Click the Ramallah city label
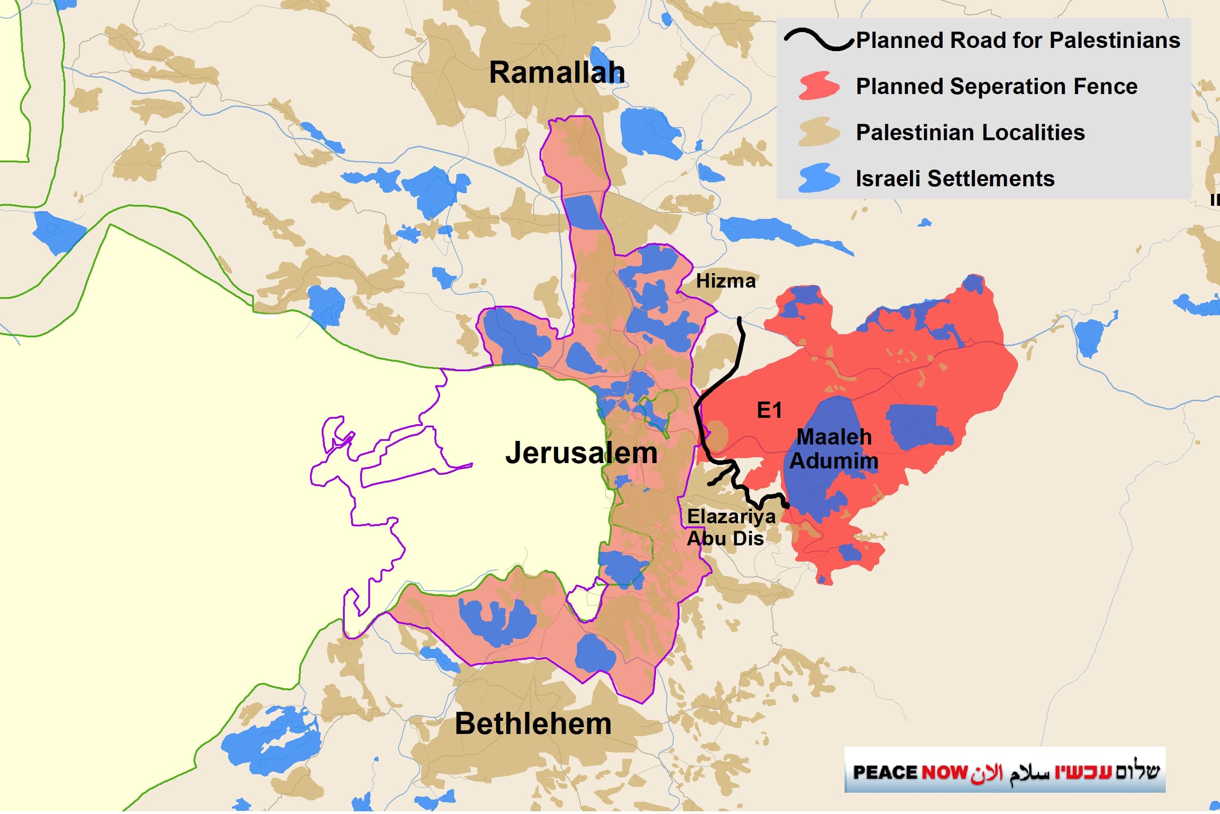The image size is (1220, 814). pyautogui.click(x=557, y=72)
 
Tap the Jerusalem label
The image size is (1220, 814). pyautogui.click(x=581, y=453)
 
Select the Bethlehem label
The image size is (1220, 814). pyautogui.click(x=533, y=724)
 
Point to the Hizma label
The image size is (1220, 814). pyautogui.click(x=725, y=281)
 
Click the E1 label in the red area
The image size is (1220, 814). pyautogui.click(x=769, y=410)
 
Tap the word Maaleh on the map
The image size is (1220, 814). pyautogui.click(x=834, y=436)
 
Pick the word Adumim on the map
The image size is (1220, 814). pyautogui.click(x=834, y=461)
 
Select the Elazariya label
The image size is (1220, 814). pyautogui.click(x=731, y=516)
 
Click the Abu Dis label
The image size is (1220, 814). pyautogui.click(x=725, y=538)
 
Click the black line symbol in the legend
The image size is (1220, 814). pyautogui.click(x=818, y=40)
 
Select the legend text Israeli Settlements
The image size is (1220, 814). pyautogui.click(x=954, y=179)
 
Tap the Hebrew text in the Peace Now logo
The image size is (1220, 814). pyautogui.click(x=1107, y=771)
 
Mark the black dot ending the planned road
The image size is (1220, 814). pyautogui.click(x=786, y=505)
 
